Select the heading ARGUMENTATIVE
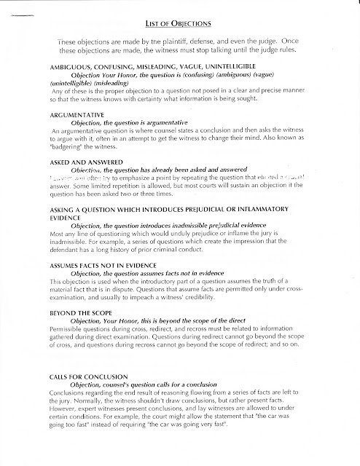(60, 116)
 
